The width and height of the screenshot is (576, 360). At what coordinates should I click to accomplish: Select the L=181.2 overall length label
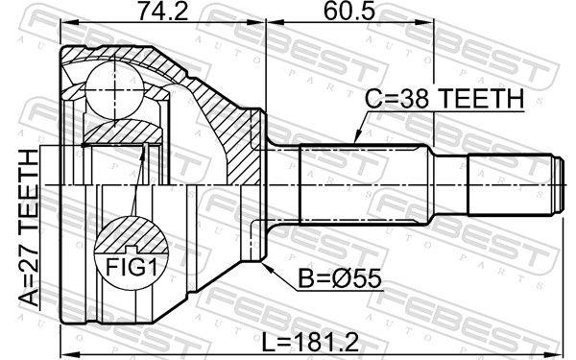coord(311,342)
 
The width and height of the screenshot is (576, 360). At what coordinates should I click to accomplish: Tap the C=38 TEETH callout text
coord(444,99)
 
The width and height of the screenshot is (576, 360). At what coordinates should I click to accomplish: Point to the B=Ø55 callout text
coord(340,278)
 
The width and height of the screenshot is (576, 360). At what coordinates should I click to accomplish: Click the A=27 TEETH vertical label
coord(29,228)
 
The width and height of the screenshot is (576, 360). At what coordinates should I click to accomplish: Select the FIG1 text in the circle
coord(132,267)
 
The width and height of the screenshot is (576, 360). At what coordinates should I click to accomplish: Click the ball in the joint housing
coord(115,90)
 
